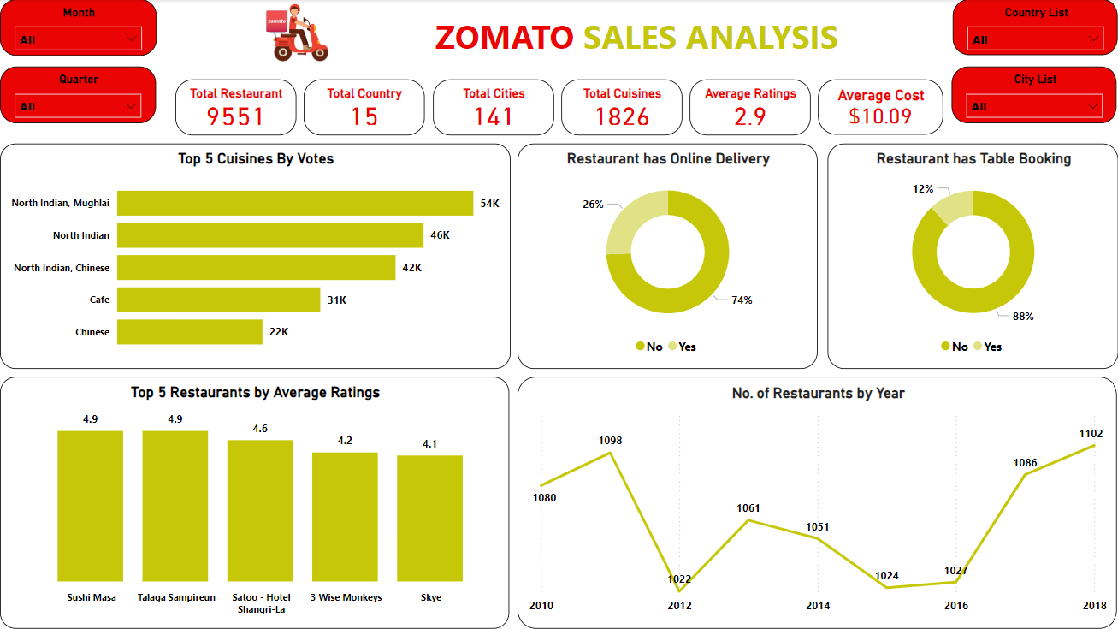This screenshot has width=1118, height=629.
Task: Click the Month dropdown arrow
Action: coord(131,39)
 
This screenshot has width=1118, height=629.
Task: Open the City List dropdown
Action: coord(1035,106)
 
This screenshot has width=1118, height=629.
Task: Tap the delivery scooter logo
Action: coord(296,33)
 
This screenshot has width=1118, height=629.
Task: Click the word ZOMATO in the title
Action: coord(504,37)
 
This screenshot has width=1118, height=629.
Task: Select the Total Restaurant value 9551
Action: coord(235,116)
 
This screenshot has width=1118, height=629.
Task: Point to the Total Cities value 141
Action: coord(494,116)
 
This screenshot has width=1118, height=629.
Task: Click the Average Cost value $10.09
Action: coord(880,116)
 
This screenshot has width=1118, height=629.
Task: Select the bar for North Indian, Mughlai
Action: coord(294,203)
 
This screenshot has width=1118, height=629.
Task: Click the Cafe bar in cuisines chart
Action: coord(218,300)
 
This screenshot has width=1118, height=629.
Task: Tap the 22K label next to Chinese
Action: coord(279,332)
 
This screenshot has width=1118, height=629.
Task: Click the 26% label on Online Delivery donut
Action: coord(593,205)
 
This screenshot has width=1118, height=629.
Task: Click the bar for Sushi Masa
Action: coord(90,505)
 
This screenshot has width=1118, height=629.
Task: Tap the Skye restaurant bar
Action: coord(429,518)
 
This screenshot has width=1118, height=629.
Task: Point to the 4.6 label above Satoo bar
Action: coord(260,428)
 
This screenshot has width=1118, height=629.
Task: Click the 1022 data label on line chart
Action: coord(679,579)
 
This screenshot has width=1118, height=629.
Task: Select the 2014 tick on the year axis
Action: coord(818,606)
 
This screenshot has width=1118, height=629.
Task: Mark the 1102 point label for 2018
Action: coord(1091,434)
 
